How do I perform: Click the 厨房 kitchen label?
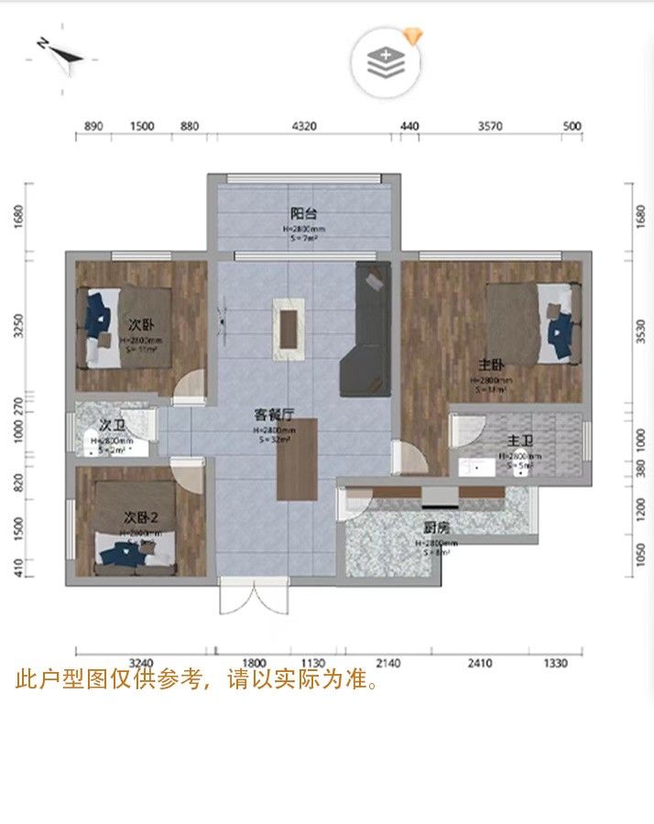[x=436, y=527]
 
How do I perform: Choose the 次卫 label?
[x=112, y=426]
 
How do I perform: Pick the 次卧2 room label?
[x=141, y=518]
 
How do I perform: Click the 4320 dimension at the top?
[x=303, y=126]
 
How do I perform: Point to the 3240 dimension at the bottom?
[x=141, y=663]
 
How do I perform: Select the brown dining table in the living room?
[x=297, y=459]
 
